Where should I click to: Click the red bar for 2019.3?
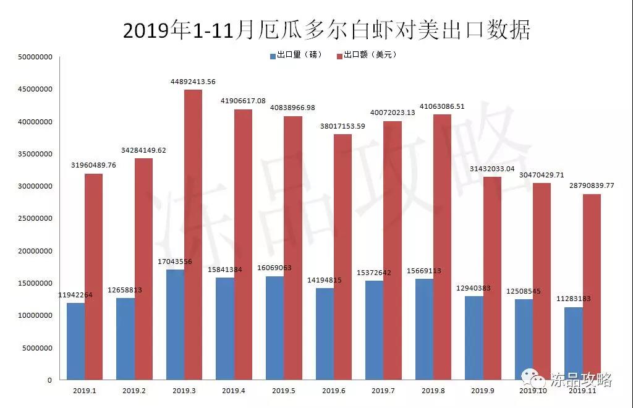[x=193, y=235]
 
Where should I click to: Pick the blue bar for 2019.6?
[x=325, y=334]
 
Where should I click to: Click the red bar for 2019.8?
[x=442, y=247]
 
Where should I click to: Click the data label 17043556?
[x=175, y=262]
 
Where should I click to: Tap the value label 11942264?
[x=75, y=295]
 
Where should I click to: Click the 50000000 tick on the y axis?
[x=35, y=57]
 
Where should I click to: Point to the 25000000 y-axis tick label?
[x=35, y=219]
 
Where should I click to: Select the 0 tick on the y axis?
[x=49, y=380]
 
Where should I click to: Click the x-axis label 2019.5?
[x=283, y=391]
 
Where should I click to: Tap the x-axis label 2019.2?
[x=134, y=391]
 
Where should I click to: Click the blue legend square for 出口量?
[x=273, y=55]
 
